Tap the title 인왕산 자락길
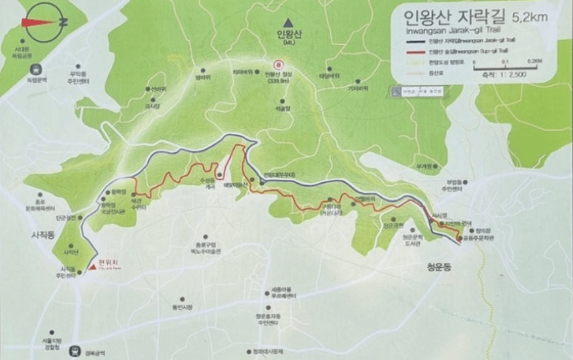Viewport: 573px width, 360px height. (x=450, y=17)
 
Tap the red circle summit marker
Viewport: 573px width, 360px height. (x=277, y=65)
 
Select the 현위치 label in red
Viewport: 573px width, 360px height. (x=110, y=262)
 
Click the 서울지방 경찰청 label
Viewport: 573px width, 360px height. (x=47, y=343)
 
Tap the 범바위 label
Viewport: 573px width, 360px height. (x=203, y=78)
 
